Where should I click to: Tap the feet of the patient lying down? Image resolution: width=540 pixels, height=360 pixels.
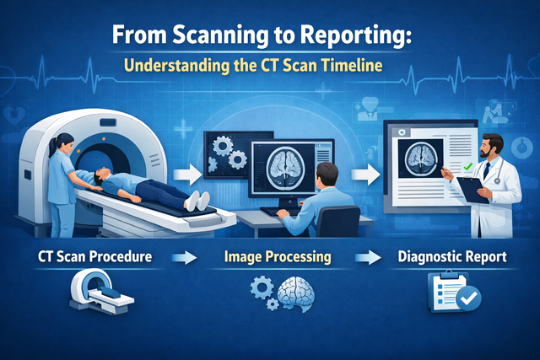click(x=198, y=200)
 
